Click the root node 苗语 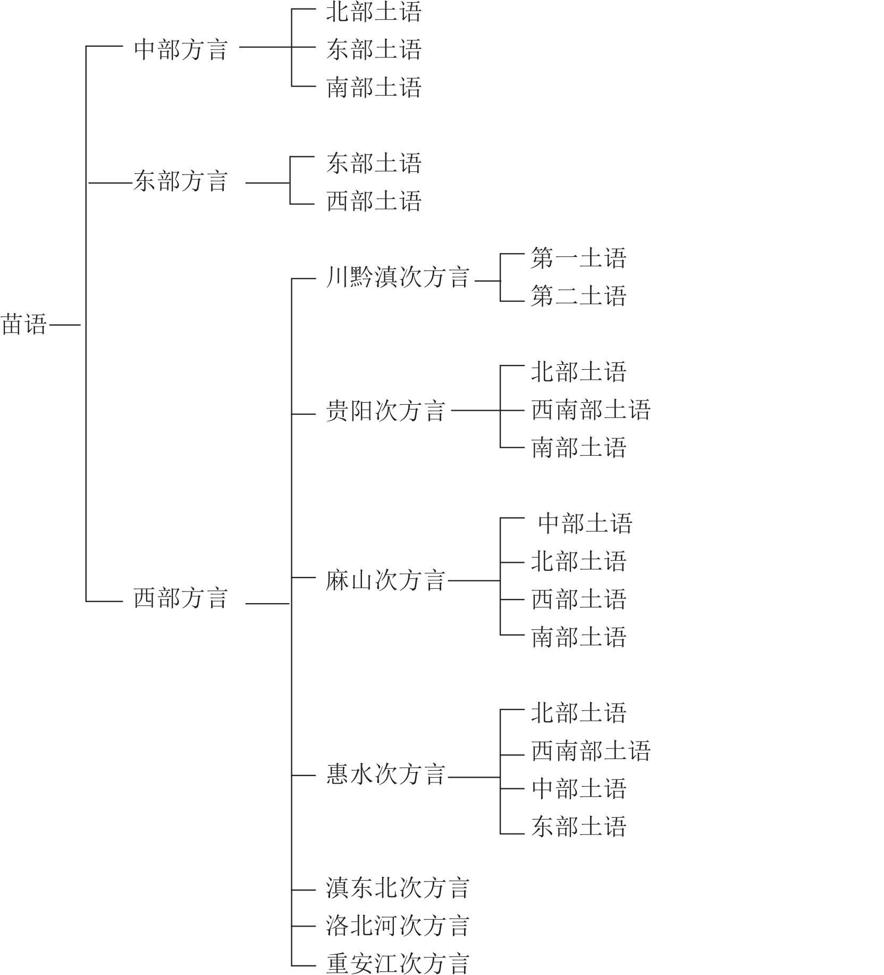[x=24, y=324]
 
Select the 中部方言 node [x=181, y=49]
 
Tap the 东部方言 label [x=181, y=181]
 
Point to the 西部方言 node [x=181, y=597]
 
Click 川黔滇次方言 [x=398, y=277]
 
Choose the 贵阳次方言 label [x=385, y=411]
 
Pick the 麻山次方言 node [x=385, y=580]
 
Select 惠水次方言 [x=385, y=774]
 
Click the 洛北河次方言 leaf [x=398, y=926]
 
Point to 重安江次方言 [x=398, y=963]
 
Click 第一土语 [x=579, y=258]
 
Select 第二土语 [x=579, y=296]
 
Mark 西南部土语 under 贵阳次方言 [x=591, y=410]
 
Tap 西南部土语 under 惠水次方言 [x=591, y=751]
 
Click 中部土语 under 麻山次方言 [x=585, y=523]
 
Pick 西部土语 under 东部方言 [x=374, y=201]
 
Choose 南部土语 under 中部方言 [x=374, y=87]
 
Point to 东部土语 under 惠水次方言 [x=579, y=826]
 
